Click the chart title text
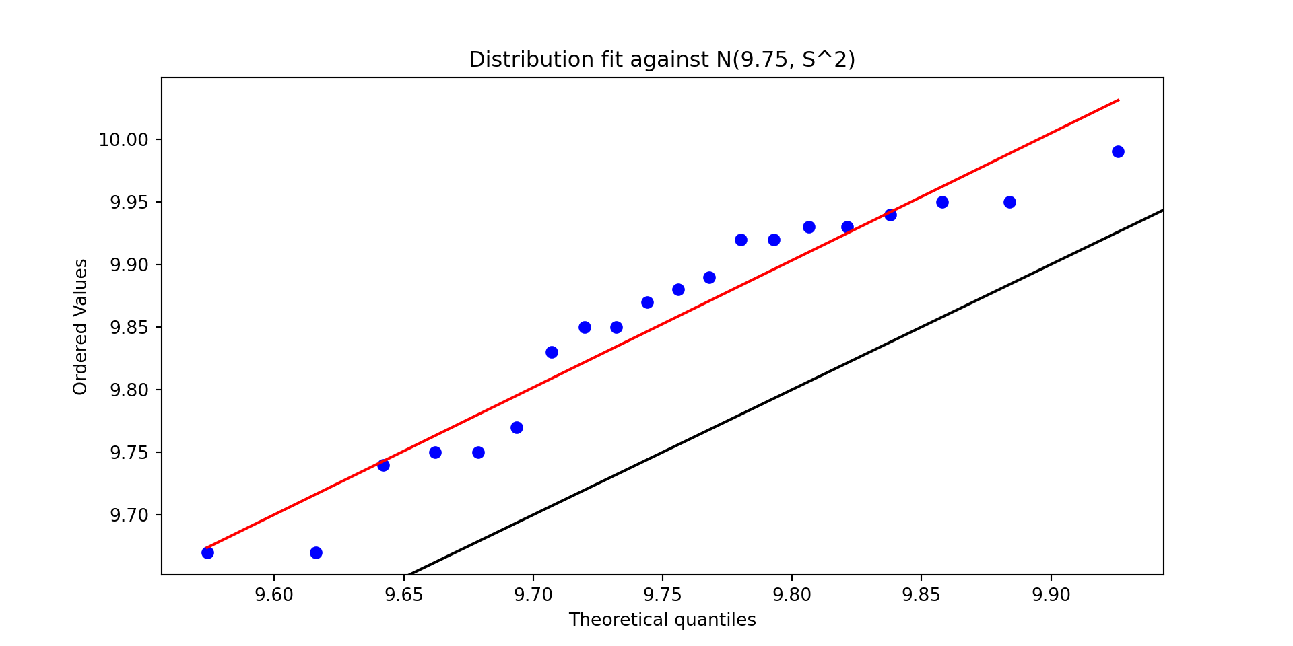662,60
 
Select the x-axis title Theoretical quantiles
662,620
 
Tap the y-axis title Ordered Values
81,326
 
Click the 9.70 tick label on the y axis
128,515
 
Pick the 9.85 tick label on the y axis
128,328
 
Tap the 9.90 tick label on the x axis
1051,596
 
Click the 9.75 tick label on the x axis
662,596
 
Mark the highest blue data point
1118,151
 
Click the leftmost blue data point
207,552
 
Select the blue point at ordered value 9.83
552,352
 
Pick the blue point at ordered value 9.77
517,427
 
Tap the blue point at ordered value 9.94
890,215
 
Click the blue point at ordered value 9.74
383,465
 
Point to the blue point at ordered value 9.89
709,277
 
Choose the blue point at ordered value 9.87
647,302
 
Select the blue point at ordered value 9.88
678,289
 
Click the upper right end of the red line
1118,100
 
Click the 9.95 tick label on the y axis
128,203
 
